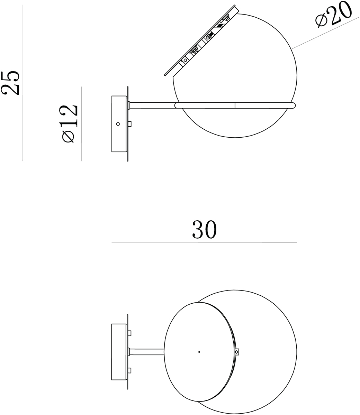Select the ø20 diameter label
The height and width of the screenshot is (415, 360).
point(333,16)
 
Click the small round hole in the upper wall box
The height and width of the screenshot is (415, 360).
point(118,124)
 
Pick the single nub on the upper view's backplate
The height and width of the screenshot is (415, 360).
point(130,124)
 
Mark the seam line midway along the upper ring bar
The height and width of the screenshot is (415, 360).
point(235,105)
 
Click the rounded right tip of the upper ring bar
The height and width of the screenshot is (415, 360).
point(295,105)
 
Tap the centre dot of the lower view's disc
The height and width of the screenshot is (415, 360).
point(199,352)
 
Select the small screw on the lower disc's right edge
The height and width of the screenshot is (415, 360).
point(237,352)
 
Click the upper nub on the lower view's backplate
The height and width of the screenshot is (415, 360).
point(130,333)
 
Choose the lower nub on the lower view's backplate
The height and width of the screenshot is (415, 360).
point(130,370)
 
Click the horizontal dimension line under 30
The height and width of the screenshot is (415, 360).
point(204,242)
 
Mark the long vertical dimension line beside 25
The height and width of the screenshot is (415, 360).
point(23,83)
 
